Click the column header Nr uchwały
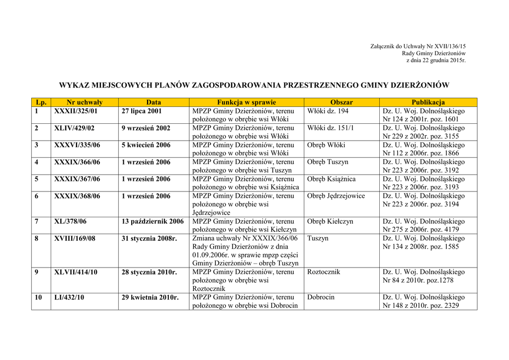(x=85, y=102)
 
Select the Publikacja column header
(x=428, y=102)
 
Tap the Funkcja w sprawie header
(x=246, y=102)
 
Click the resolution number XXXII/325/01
(x=76, y=111)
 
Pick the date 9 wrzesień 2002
(x=146, y=128)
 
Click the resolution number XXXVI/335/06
(x=77, y=145)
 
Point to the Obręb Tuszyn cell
(x=328, y=162)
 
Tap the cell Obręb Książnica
(x=331, y=179)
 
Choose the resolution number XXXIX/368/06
(x=77, y=196)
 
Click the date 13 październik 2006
(x=153, y=221)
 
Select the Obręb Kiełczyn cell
(x=330, y=221)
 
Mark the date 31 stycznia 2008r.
(x=150, y=238)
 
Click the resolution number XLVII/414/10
(x=76, y=272)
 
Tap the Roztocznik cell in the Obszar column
(x=324, y=272)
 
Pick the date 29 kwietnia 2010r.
(x=150, y=297)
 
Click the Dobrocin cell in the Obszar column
(x=321, y=297)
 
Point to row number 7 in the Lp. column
(x=37, y=221)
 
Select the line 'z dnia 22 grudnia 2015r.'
(x=436, y=60)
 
